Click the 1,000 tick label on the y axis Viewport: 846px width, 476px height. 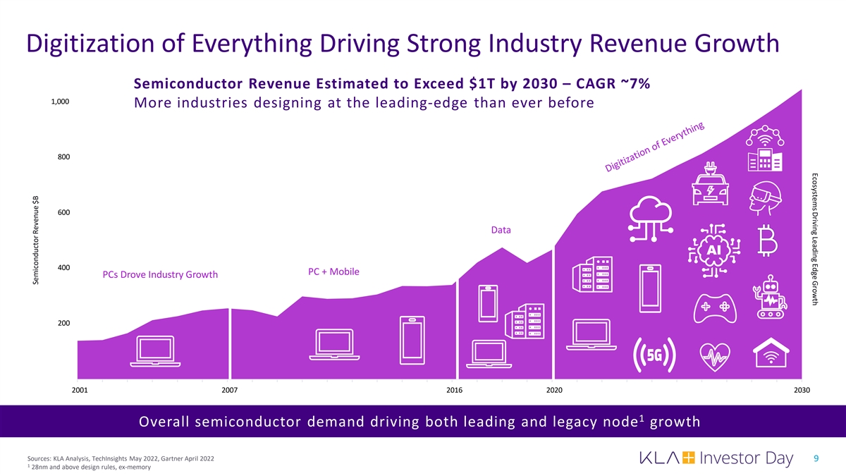click(60, 101)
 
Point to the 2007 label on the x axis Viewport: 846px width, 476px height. click(229, 390)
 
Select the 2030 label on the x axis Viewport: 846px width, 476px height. click(802, 390)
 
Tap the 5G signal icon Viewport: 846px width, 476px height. click(656, 354)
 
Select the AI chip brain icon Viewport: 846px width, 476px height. click(717, 250)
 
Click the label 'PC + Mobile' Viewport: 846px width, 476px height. click(333, 272)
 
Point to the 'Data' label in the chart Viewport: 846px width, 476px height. click(501, 231)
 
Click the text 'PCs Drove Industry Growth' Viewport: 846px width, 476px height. click(160, 274)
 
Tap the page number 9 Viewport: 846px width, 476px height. click(816, 458)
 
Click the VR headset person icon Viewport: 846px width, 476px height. click(764, 197)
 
